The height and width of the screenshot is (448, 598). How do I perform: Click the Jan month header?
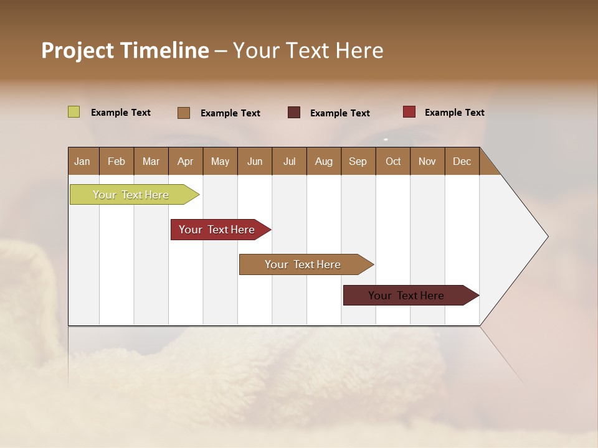[x=82, y=161]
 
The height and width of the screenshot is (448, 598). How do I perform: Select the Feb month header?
[x=116, y=161]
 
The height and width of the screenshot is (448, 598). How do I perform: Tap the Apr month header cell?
[x=185, y=161]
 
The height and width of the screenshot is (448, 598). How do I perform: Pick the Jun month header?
[x=255, y=161]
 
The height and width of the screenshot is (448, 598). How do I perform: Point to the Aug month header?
[x=323, y=161]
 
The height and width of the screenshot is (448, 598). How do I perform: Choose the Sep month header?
[x=358, y=161]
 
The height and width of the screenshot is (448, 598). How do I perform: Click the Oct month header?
[x=393, y=161]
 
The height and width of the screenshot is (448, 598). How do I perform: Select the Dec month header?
[x=462, y=161]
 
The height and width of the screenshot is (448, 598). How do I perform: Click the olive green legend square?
[x=74, y=112]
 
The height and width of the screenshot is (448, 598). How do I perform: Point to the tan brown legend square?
[x=184, y=113]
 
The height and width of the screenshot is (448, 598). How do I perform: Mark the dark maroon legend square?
[x=294, y=113]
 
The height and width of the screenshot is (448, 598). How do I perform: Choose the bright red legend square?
[x=409, y=112]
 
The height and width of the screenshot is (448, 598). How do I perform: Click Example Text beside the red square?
[x=454, y=113]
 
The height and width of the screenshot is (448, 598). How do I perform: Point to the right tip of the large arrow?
[x=546, y=236]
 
